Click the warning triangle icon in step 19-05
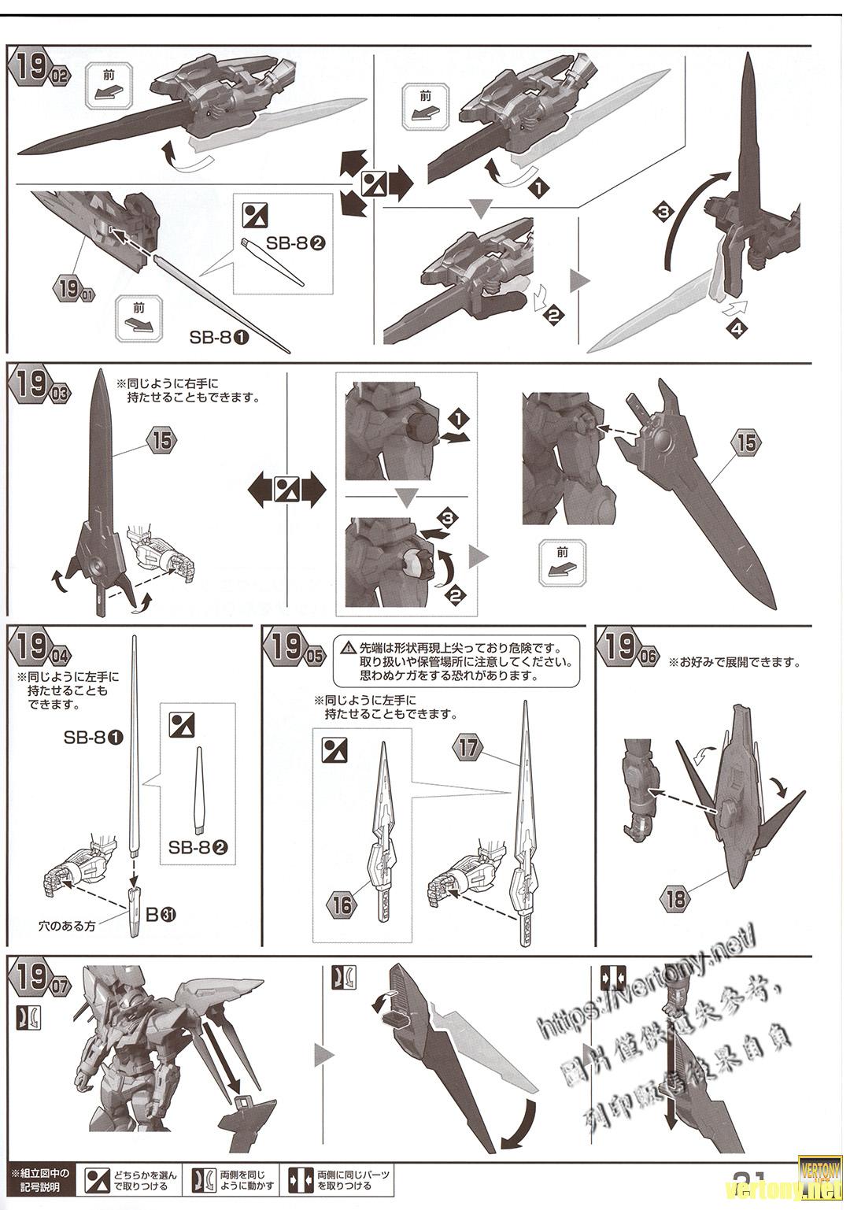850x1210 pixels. click(348, 649)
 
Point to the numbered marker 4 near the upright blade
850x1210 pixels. click(738, 329)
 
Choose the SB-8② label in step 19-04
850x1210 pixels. click(198, 848)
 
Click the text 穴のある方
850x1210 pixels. click(67, 926)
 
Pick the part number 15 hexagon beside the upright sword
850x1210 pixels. click(161, 440)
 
